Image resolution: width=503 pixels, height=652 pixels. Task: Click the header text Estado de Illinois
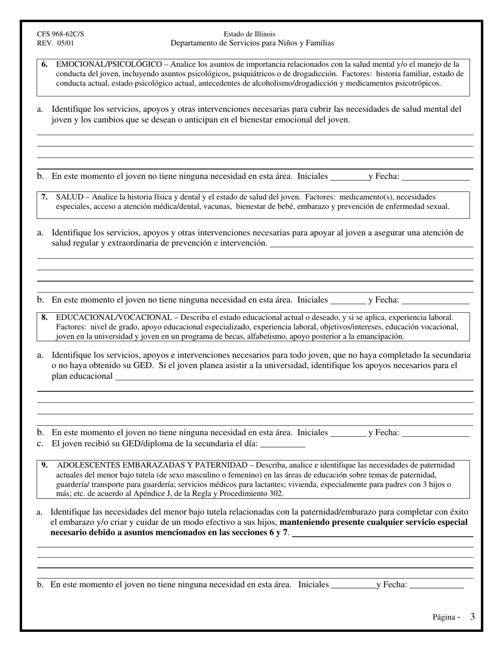point(249,34)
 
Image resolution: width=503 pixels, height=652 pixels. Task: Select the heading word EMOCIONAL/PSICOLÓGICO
point(109,64)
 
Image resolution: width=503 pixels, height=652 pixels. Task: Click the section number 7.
point(45,197)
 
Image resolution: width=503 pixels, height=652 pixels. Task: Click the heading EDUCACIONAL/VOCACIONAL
point(114,318)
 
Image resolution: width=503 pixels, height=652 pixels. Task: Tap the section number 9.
point(45,465)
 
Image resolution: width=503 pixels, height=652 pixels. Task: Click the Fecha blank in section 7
point(435,301)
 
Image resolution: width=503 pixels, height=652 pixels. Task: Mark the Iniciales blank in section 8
point(347,433)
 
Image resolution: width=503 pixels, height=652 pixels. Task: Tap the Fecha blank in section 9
point(436,586)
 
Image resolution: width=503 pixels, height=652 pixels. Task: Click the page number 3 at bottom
point(472,616)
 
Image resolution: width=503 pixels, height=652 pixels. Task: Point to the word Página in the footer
point(444,617)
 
